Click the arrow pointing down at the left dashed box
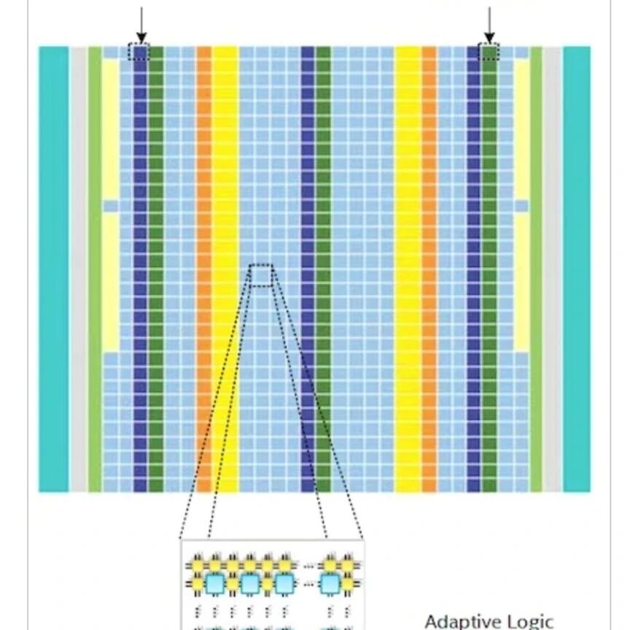coord(141,25)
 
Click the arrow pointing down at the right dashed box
coord(489,25)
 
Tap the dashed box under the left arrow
coord(139,52)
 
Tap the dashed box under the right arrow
coord(489,52)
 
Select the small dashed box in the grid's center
coord(262,275)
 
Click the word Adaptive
coord(457,621)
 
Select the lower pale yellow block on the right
coord(521,281)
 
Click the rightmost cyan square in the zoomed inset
coord(332,583)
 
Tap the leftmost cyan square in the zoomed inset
coord(214,583)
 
